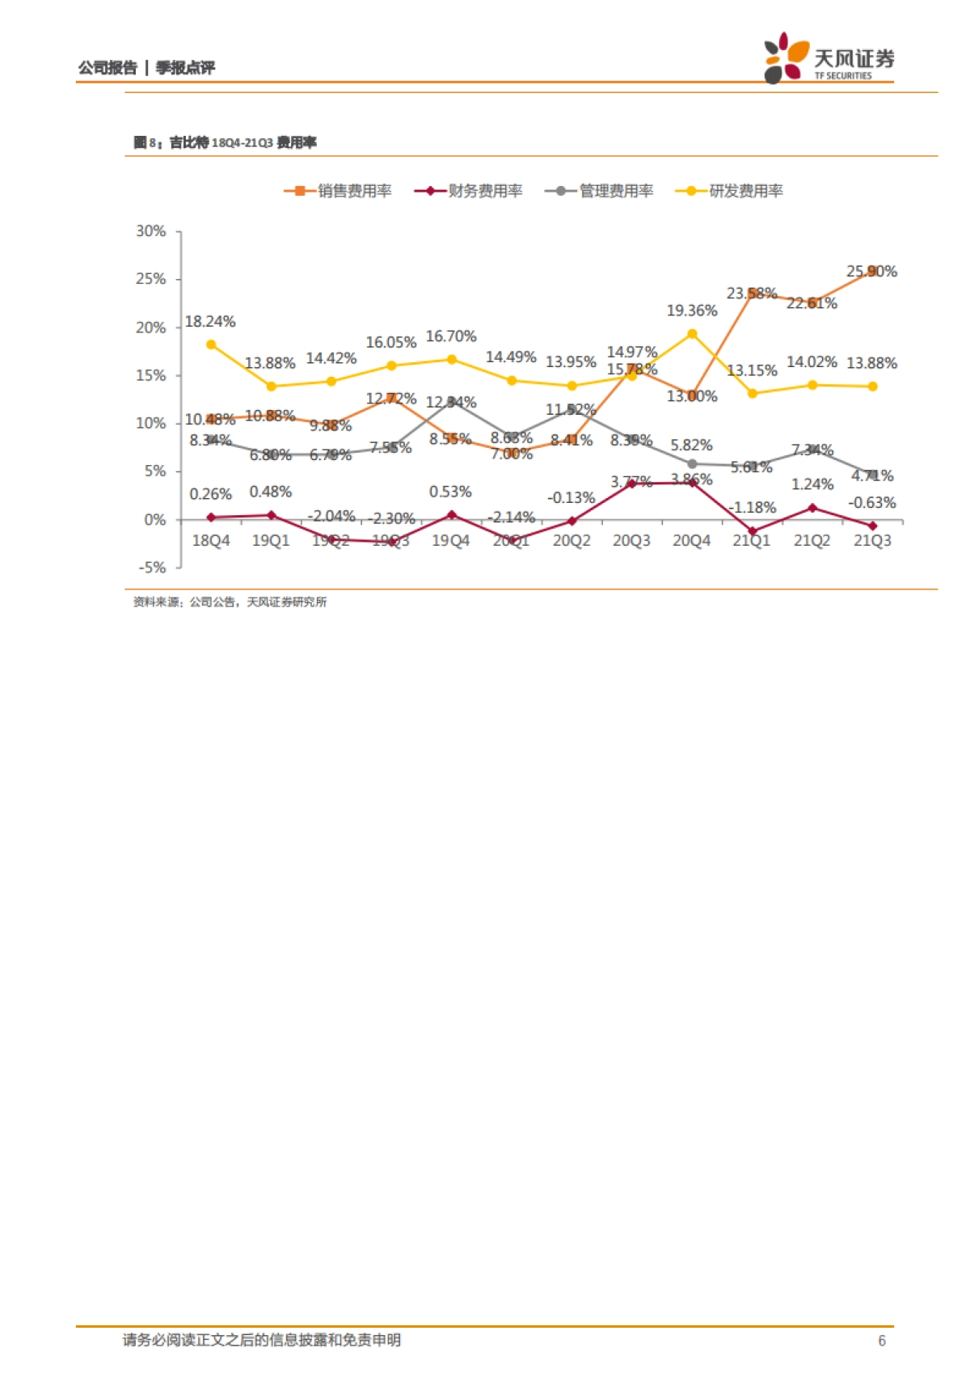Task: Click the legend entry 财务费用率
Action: click(x=469, y=191)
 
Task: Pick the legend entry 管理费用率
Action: click(x=600, y=191)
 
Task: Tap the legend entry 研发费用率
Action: click(x=730, y=191)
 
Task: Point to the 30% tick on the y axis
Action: click(x=151, y=231)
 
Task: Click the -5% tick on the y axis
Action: click(x=151, y=568)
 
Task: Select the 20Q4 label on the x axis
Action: click(x=691, y=541)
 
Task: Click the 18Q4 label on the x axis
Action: click(x=210, y=541)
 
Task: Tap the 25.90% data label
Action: click(x=871, y=272)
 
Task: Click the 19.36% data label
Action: click(x=691, y=311)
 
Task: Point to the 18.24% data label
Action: click(x=210, y=322)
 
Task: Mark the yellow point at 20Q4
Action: click(x=692, y=334)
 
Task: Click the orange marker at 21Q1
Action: click(x=752, y=293)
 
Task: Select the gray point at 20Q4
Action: click(x=692, y=464)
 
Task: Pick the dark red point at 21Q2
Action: click(x=812, y=508)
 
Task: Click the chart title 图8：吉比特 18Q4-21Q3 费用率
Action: click(x=225, y=142)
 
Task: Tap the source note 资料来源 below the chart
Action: click(x=230, y=602)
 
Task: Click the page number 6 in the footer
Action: click(x=881, y=1341)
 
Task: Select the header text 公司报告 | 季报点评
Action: click(x=146, y=68)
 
